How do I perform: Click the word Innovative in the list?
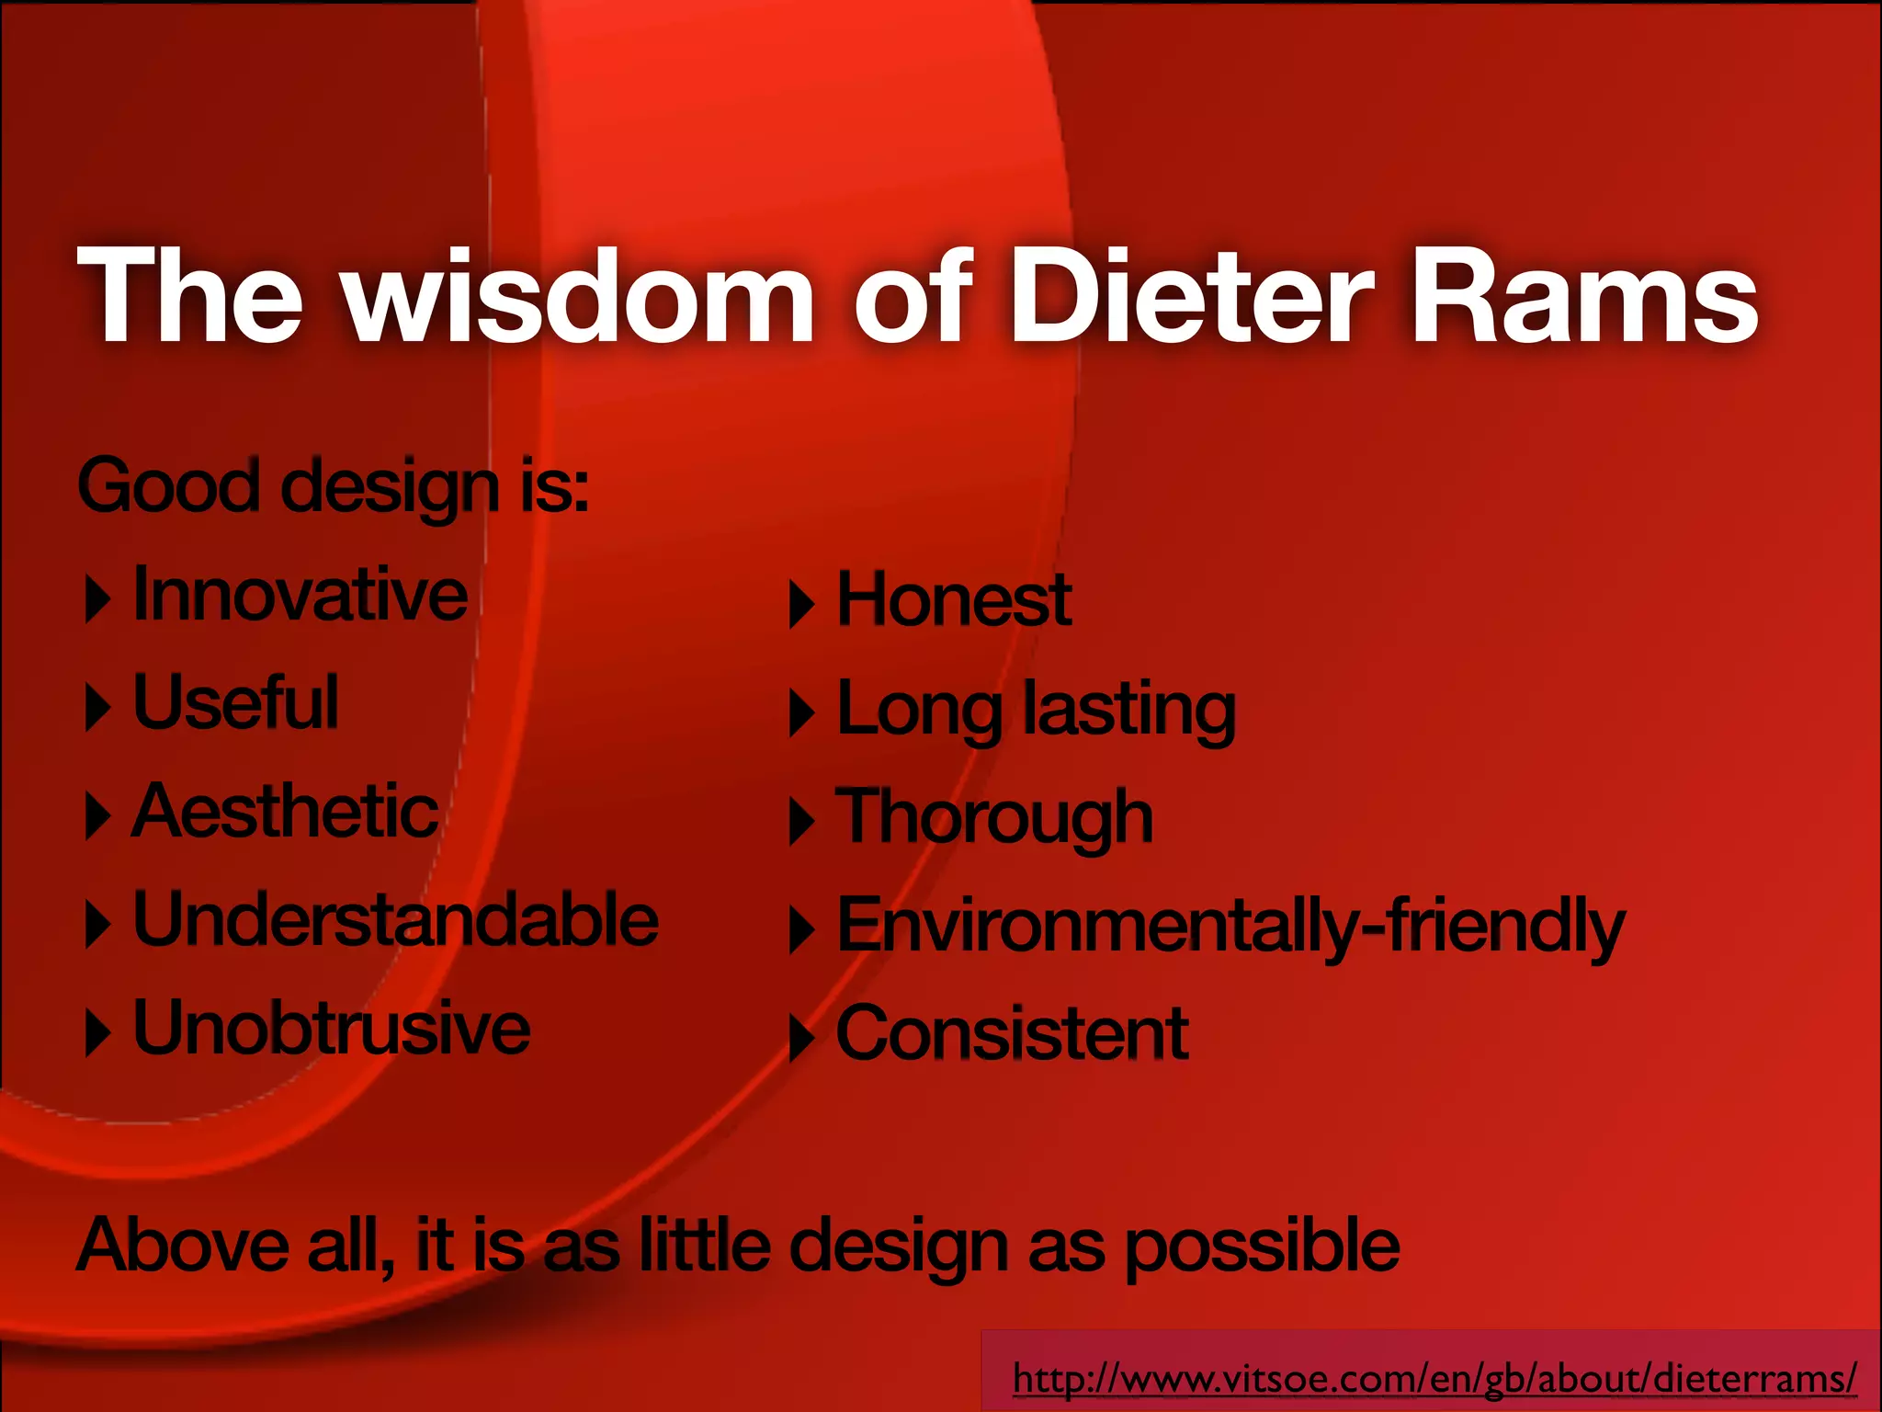click(x=300, y=596)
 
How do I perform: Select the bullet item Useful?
click(x=236, y=703)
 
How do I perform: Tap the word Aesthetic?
click(x=285, y=812)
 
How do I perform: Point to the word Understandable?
click(x=395, y=920)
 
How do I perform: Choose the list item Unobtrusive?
click(x=331, y=1029)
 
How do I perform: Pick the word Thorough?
click(x=994, y=817)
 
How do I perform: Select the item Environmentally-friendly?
click(x=1231, y=926)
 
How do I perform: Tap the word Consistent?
click(x=1012, y=1034)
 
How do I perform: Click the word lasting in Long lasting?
click(x=1130, y=710)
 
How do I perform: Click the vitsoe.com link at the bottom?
click(x=1434, y=1379)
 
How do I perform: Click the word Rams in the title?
click(x=1583, y=296)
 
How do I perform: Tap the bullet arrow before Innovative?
click(x=96, y=599)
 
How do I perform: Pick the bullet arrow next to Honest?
click(x=801, y=605)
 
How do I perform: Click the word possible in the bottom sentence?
click(x=1262, y=1247)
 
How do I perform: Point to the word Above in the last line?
click(x=183, y=1246)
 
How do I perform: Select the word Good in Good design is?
click(x=169, y=485)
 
